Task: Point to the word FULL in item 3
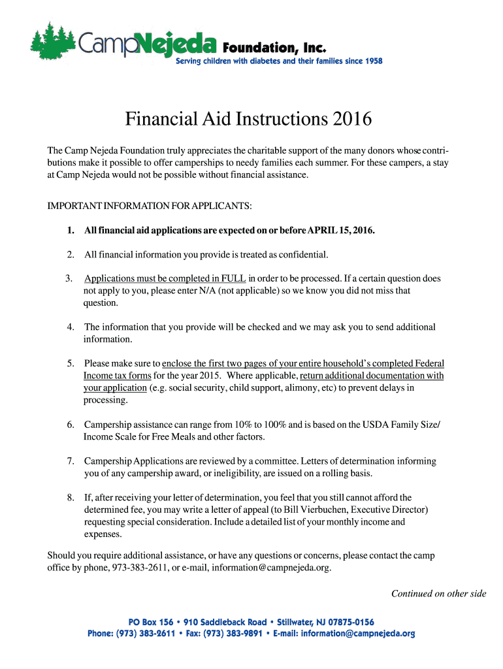pyautogui.click(x=234, y=278)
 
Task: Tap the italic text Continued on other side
pyautogui.click(x=438, y=594)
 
